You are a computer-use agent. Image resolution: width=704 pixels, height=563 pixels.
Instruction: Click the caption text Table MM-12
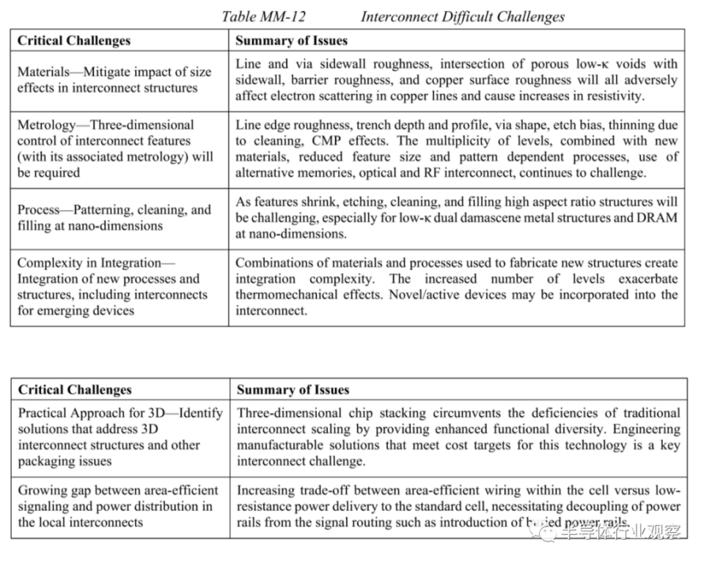[x=263, y=16]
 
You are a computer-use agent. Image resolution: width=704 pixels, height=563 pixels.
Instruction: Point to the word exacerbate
[x=648, y=279]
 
